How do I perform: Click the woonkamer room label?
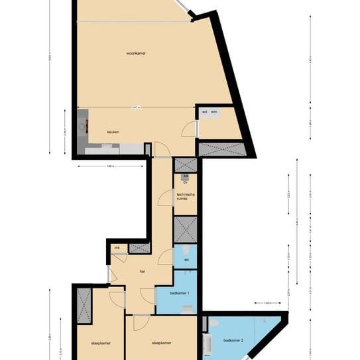pyautogui.click(x=136, y=52)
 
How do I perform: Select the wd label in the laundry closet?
pyautogui.click(x=204, y=113)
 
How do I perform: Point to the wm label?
pyautogui.click(x=214, y=113)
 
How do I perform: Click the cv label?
pyautogui.click(x=186, y=182)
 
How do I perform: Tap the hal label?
pyautogui.click(x=142, y=271)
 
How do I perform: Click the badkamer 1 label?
pyautogui.click(x=180, y=293)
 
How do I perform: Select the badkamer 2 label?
pyautogui.click(x=233, y=341)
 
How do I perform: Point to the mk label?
pyautogui.click(x=117, y=248)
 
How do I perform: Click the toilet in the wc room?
pyautogui.click(x=188, y=249)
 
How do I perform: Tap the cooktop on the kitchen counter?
pyautogui.click(x=82, y=125)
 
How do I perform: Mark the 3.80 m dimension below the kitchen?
pyautogui.click(x=110, y=166)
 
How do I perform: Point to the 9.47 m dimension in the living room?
pyautogui.click(x=136, y=107)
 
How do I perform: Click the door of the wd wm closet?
pyautogui.click(x=191, y=128)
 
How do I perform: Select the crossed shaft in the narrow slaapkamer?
pyautogui.click(x=84, y=305)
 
